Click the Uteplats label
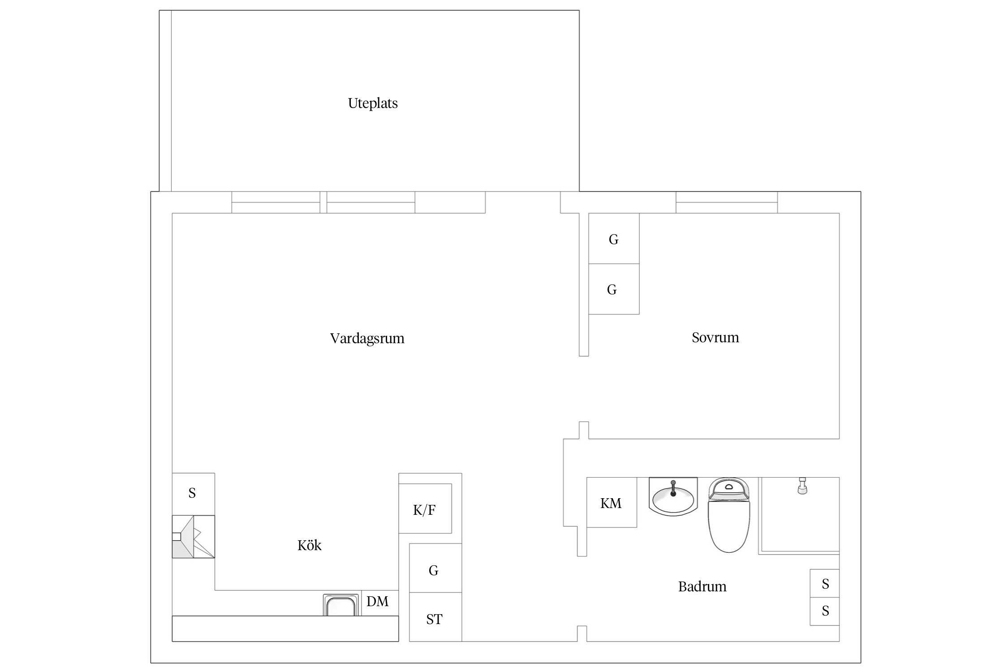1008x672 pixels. (x=373, y=103)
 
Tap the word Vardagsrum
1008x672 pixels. (x=367, y=338)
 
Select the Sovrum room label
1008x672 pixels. (x=715, y=337)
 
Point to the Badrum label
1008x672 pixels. (x=702, y=586)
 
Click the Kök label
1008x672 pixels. (x=310, y=545)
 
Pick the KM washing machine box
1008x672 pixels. (x=612, y=502)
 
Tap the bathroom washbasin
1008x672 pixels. (x=673, y=496)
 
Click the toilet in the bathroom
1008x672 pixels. (x=728, y=515)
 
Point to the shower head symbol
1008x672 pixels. (x=802, y=486)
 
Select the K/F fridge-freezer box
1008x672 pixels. (x=425, y=508)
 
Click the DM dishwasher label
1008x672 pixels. (x=377, y=602)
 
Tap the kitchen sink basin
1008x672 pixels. (x=341, y=605)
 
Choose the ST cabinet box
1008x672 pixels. (x=435, y=617)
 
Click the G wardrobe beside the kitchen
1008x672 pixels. (x=435, y=568)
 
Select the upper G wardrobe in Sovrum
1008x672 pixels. (x=614, y=238)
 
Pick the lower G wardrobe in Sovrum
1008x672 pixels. (x=614, y=289)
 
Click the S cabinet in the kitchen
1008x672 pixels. (x=194, y=494)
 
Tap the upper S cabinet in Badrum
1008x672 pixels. (x=824, y=583)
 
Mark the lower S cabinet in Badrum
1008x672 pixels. (x=824, y=611)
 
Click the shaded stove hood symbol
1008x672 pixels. (x=194, y=537)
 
